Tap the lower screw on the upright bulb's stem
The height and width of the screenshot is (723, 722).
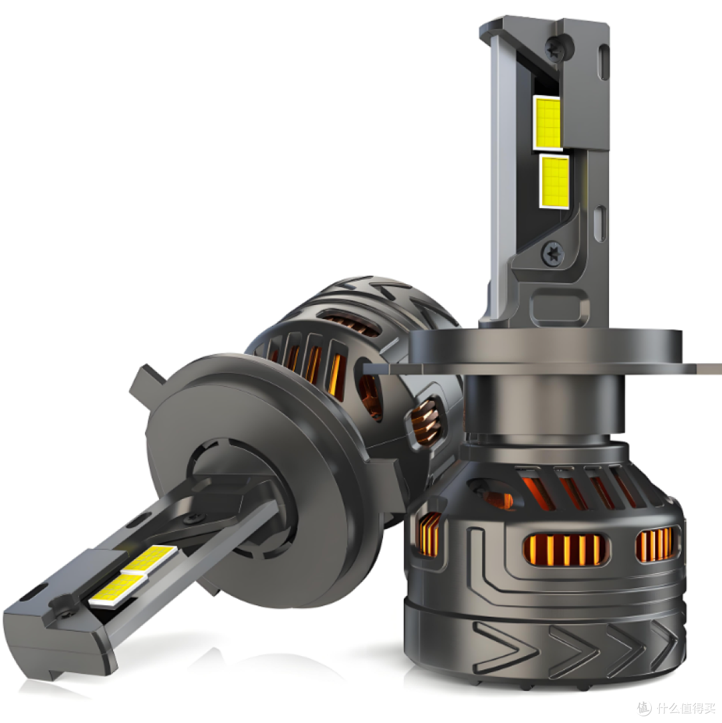[552, 253]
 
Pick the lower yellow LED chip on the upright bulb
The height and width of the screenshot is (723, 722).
[554, 181]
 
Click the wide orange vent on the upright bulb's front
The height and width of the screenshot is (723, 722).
[566, 550]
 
